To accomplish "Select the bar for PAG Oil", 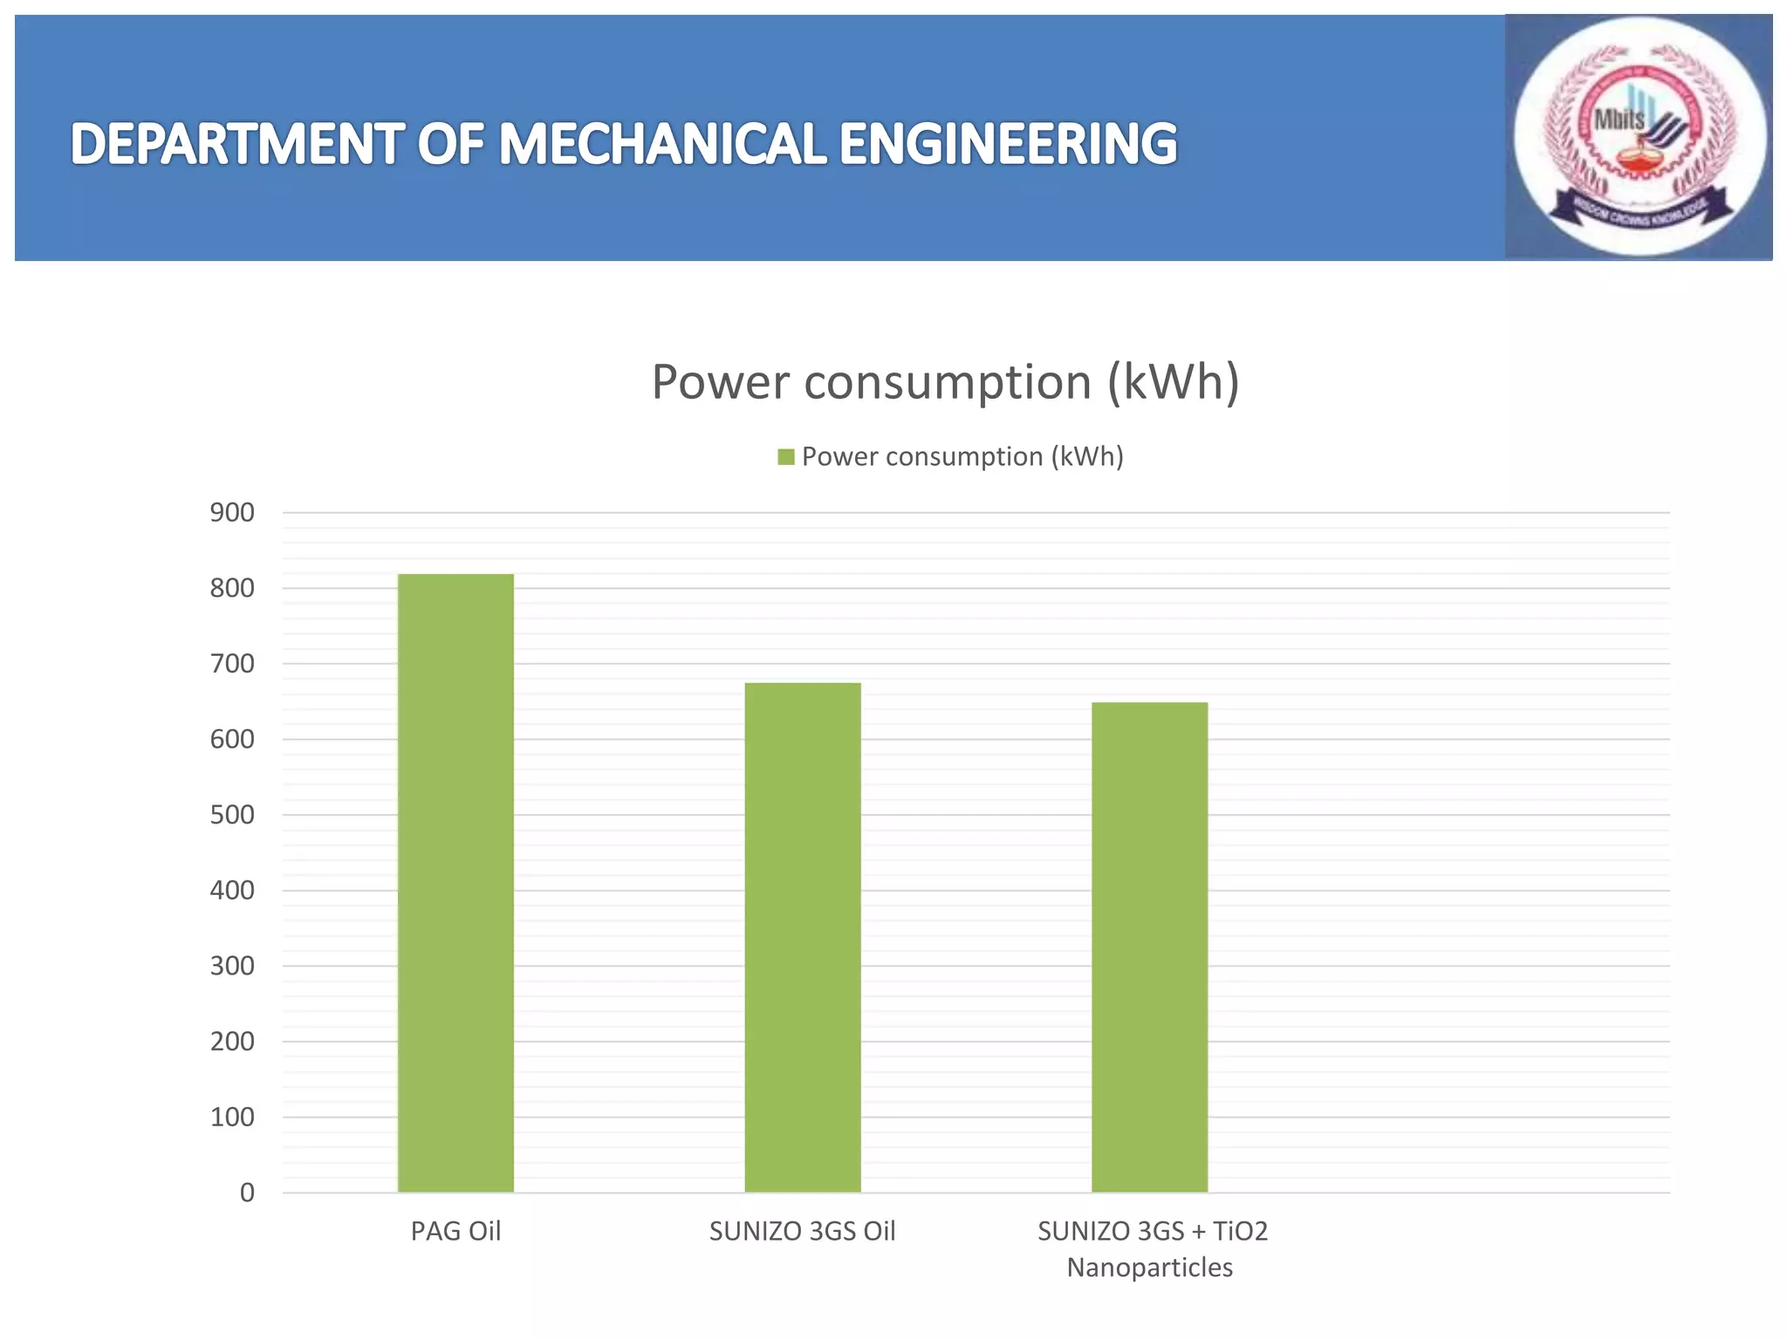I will tap(455, 883).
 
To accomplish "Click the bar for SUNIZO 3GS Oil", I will tap(803, 938).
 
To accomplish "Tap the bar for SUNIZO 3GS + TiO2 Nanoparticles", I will tap(1149, 947).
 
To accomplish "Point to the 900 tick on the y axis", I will tap(232, 513).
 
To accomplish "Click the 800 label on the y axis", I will tap(232, 589).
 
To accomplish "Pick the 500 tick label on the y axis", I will tap(232, 815).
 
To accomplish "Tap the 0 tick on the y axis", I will tap(247, 1193).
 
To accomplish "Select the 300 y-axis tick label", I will tap(232, 966).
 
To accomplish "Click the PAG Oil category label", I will tap(455, 1231).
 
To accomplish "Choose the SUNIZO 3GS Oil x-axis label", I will tap(802, 1231).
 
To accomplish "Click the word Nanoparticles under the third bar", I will tap(1149, 1267).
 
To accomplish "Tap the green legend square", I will tap(786, 457).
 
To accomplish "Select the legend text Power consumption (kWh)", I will tap(962, 457).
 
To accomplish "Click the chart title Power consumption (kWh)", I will tap(945, 382).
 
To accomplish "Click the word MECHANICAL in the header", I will tap(661, 144).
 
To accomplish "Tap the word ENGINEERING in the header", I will tap(1008, 144).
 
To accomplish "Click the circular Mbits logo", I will tap(1639, 137).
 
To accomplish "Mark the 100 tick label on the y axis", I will tap(232, 1117).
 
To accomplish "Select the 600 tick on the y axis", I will tap(232, 740).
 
